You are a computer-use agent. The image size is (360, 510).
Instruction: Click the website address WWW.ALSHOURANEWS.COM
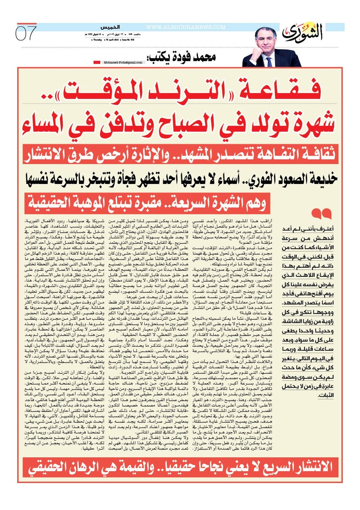point(186,27)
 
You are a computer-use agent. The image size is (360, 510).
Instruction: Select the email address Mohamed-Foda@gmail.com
point(123,62)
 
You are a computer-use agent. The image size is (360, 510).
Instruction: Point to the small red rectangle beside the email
point(97,62)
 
